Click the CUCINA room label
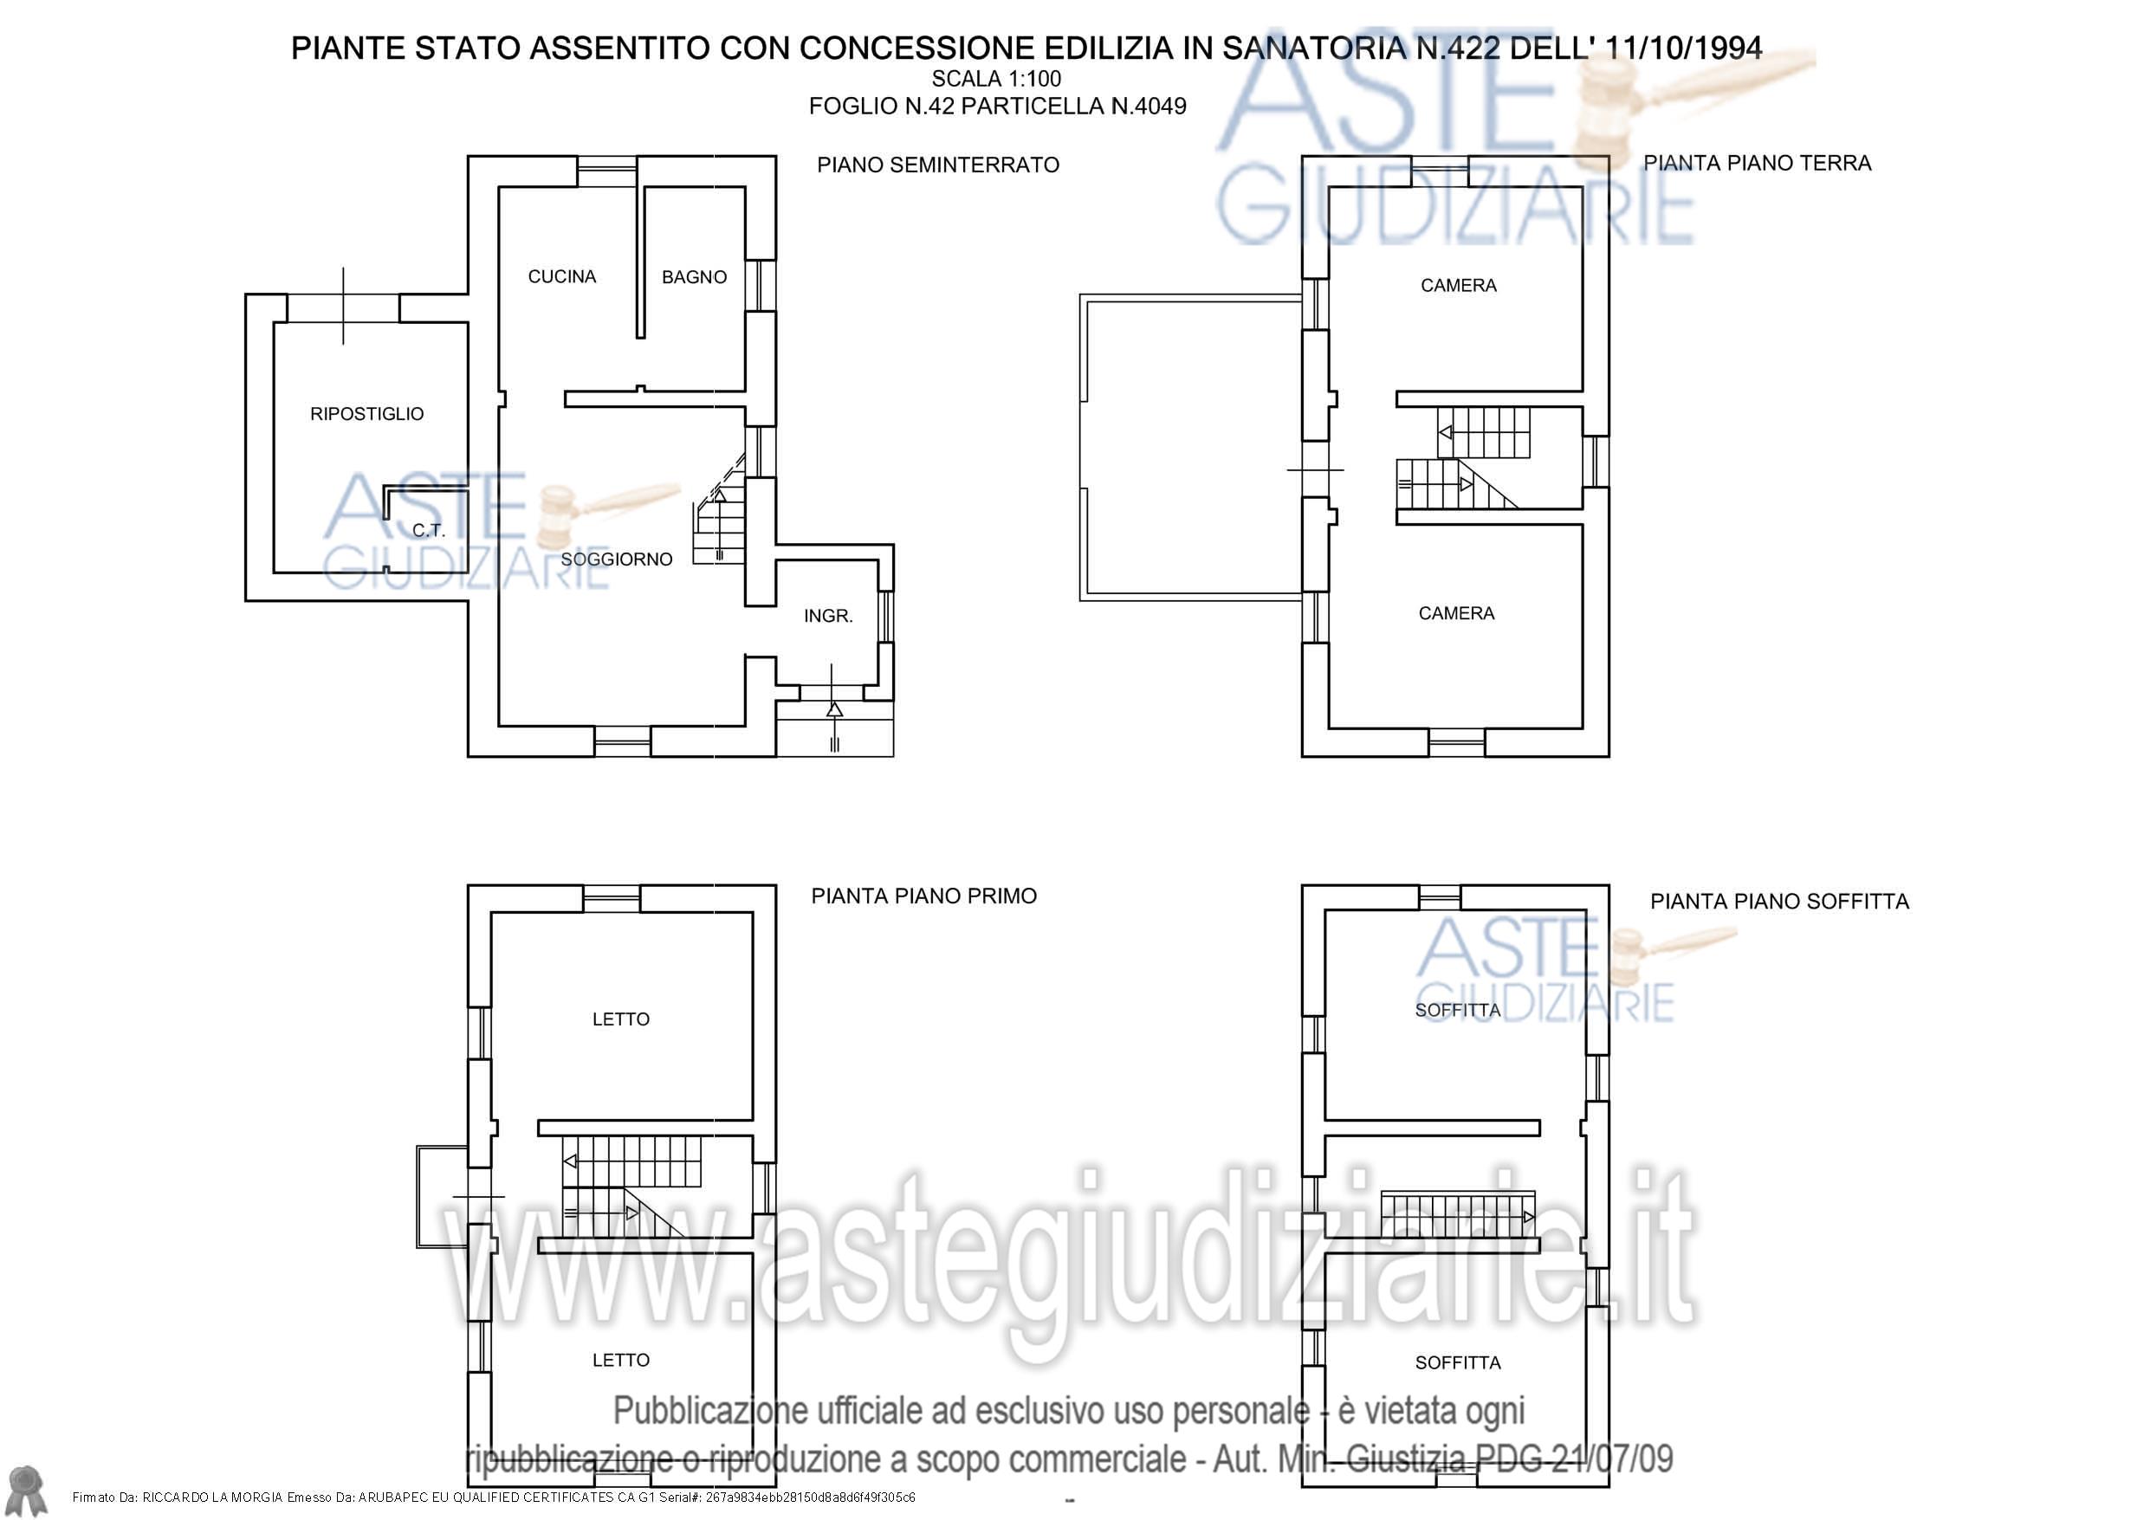coord(562,276)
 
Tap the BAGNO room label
coord(694,277)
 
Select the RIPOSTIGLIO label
coord(367,414)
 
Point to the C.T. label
coord(428,530)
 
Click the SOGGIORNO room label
coord(616,559)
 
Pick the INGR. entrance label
coord(828,617)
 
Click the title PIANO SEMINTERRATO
coord(938,165)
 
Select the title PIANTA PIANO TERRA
coord(1758,163)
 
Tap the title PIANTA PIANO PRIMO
coord(924,896)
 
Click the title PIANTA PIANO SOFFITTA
coord(1779,902)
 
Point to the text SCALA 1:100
coord(996,79)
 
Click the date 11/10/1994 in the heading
coord(1684,48)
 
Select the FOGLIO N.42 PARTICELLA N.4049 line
coord(997,106)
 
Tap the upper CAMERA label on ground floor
coord(1458,286)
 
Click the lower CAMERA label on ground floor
coord(1456,613)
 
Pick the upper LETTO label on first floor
coord(621,1019)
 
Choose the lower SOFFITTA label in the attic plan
coord(1458,1362)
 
